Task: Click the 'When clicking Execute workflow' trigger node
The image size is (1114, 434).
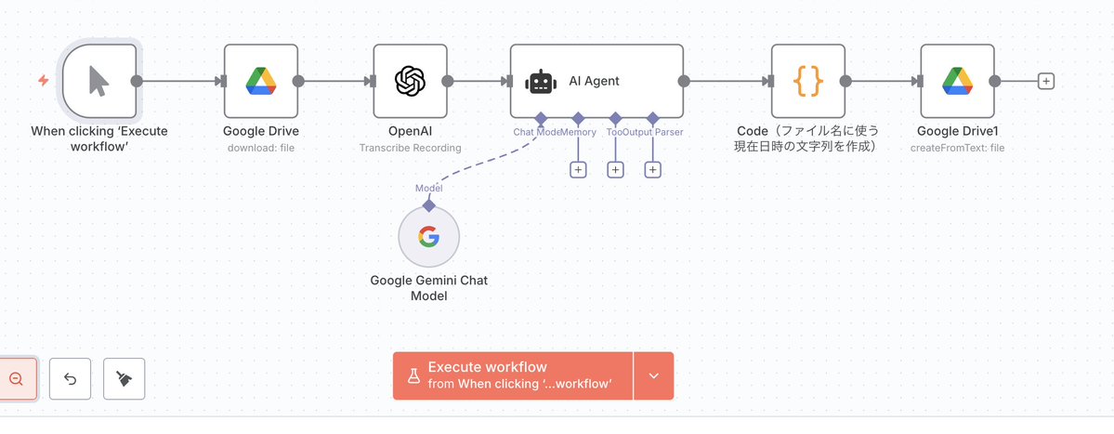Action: pyautogui.click(x=98, y=81)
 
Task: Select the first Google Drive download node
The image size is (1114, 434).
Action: pyautogui.click(x=261, y=81)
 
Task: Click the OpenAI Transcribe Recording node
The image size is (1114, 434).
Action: pyautogui.click(x=410, y=81)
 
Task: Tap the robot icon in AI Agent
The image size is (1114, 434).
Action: pyautogui.click(x=541, y=82)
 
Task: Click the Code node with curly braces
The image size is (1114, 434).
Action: pyautogui.click(x=808, y=81)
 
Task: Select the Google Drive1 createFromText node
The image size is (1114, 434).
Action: pyautogui.click(x=957, y=81)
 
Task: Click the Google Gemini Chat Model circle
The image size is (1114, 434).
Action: pyautogui.click(x=428, y=238)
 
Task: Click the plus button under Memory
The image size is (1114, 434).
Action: pyautogui.click(x=578, y=169)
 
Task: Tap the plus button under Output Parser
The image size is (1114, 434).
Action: pyautogui.click(x=652, y=169)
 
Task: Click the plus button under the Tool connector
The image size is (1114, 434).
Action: pyautogui.click(x=615, y=169)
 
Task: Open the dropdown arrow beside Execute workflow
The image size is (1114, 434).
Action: pyautogui.click(x=653, y=375)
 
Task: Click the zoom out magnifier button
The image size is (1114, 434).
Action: pyautogui.click(x=16, y=378)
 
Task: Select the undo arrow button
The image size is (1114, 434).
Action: pyautogui.click(x=71, y=378)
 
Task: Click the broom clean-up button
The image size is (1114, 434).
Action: pyautogui.click(x=124, y=378)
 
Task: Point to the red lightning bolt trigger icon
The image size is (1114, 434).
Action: pyautogui.click(x=43, y=81)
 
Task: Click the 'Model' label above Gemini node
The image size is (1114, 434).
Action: pyautogui.click(x=428, y=188)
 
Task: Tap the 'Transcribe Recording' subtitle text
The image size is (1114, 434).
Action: pyautogui.click(x=410, y=148)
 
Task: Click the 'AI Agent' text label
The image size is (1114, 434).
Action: pyautogui.click(x=594, y=81)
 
